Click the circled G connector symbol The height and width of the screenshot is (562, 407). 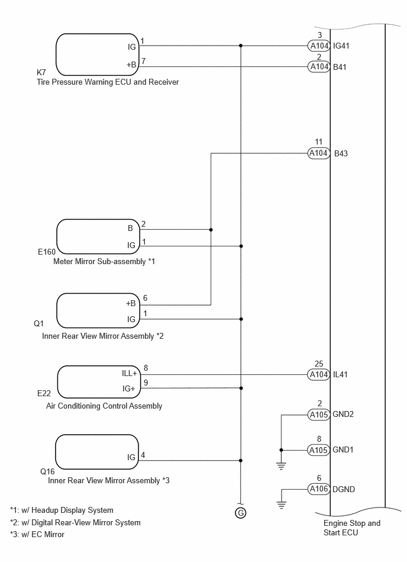(x=241, y=513)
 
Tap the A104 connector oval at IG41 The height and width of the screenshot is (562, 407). (x=319, y=46)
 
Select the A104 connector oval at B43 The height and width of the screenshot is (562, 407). (x=319, y=153)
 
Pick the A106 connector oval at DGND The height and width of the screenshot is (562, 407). (x=319, y=489)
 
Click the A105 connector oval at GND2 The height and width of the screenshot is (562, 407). (x=319, y=415)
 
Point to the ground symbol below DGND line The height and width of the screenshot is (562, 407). (x=282, y=505)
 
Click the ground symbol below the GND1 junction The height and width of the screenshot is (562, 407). (x=282, y=466)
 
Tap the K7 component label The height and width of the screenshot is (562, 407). (x=41, y=72)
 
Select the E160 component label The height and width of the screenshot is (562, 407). (x=47, y=252)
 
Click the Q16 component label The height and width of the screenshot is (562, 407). (x=47, y=471)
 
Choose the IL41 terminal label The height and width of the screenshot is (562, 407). (x=340, y=374)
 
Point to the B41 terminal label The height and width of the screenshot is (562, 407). (x=340, y=67)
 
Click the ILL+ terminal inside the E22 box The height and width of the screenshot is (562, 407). (x=129, y=374)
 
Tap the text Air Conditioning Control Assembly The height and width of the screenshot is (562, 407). (x=104, y=406)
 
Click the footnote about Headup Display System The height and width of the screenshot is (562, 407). (x=62, y=510)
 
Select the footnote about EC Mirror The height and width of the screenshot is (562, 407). (x=37, y=534)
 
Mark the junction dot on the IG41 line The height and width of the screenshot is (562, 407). (x=241, y=46)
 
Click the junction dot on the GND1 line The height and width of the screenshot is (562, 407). (x=282, y=450)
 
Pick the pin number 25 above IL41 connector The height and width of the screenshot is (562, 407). (x=319, y=364)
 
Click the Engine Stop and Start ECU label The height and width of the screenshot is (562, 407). (x=352, y=528)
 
